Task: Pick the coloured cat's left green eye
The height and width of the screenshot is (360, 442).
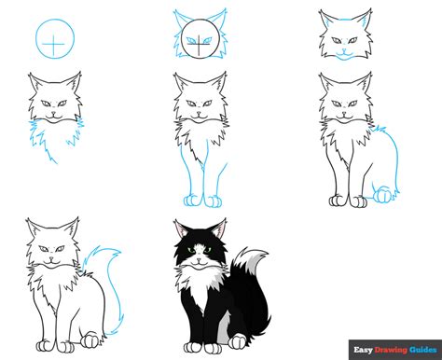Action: (x=189, y=249)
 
